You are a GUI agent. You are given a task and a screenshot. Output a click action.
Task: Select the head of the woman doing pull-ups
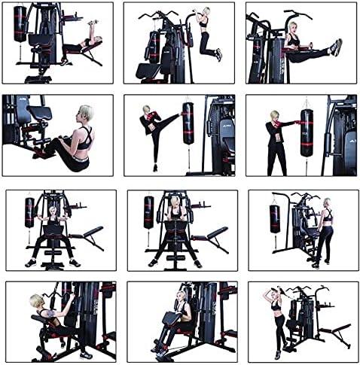click(203, 13)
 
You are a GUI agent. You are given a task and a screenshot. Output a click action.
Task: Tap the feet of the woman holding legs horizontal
click(335, 47)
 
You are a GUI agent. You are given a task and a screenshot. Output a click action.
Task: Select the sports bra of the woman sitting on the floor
click(85, 138)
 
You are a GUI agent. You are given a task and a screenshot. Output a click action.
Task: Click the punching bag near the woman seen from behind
click(275, 217)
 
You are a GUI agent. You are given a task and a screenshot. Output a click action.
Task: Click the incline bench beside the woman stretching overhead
click(335, 331)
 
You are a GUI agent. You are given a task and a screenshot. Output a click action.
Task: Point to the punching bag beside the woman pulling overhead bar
click(148, 212)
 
